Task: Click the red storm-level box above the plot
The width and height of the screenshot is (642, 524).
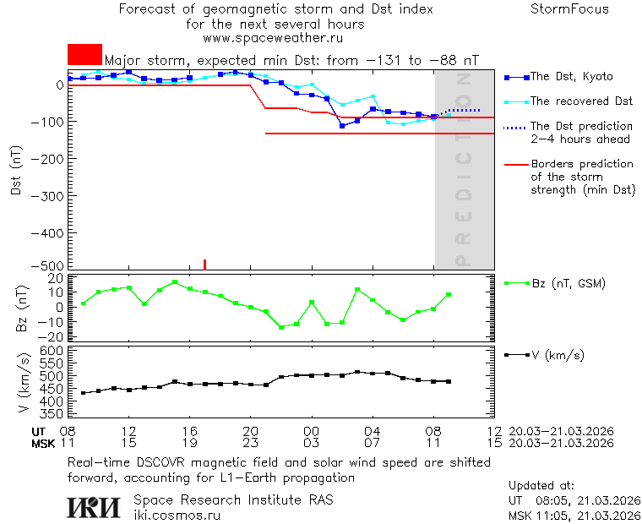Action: [84, 54]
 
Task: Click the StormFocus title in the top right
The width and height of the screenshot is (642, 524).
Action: [569, 10]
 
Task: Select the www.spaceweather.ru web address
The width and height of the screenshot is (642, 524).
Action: [273, 38]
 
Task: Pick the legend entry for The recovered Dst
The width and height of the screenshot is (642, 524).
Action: [581, 101]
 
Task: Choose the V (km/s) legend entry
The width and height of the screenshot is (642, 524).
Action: [558, 355]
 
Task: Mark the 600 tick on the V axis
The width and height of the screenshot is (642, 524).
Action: [53, 350]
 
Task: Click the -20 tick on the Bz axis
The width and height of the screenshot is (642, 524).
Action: [53, 336]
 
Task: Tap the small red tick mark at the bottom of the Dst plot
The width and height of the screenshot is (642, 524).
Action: [205, 265]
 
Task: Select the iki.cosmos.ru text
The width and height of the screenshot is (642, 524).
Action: [177, 515]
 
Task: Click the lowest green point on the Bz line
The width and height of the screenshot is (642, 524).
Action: [281, 327]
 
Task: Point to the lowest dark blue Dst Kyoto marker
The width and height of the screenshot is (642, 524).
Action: [342, 126]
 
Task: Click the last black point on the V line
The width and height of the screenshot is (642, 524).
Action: [449, 382]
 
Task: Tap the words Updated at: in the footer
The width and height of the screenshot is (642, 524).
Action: [541, 486]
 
